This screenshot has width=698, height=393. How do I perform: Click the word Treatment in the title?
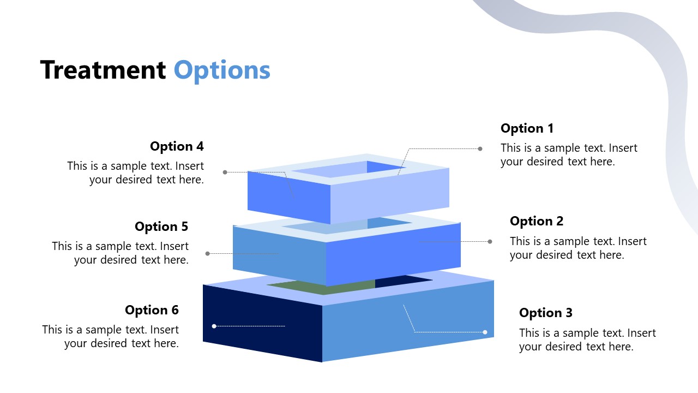click(103, 70)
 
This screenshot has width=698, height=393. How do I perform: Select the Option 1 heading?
click(527, 128)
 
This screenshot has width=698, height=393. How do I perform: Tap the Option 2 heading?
click(537, 221)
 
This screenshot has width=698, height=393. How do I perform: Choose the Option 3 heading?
click(546, 313)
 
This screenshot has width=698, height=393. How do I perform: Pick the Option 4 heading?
click(177, 146)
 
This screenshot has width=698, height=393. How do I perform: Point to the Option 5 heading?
click(161, 227)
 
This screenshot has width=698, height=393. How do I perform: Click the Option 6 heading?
click(152, 310)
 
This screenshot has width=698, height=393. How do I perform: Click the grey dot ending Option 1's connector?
click(480, 148)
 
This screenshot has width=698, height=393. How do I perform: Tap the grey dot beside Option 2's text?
click(490, 241)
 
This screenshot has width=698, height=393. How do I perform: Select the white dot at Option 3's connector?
click(485, 332)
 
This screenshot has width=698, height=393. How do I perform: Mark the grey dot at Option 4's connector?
click(225, 172)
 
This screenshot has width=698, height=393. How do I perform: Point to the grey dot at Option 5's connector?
click(207, 253)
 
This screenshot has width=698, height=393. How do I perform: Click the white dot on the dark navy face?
click(214, 326)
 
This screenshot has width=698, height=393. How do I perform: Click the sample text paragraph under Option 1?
click(569, 154)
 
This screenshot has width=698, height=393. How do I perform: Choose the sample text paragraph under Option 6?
click(111, 336)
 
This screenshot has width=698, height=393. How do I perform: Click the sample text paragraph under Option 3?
click(587, 340)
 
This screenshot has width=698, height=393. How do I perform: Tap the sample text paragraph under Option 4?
click(136, 172)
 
